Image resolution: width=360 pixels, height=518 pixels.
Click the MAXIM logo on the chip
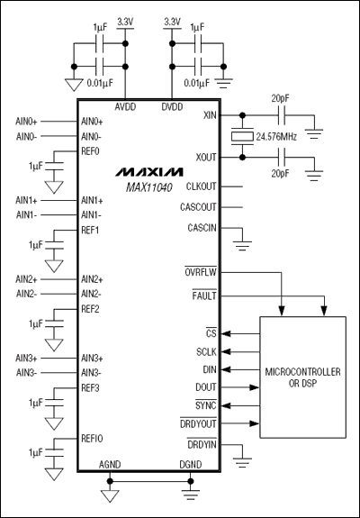(149, 171)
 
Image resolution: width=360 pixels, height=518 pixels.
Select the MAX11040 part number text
(149, 186)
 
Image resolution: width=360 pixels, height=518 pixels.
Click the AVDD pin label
(126, 105)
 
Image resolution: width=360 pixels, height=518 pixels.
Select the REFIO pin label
(93, 438)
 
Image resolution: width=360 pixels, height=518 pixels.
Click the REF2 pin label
(90, 309)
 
